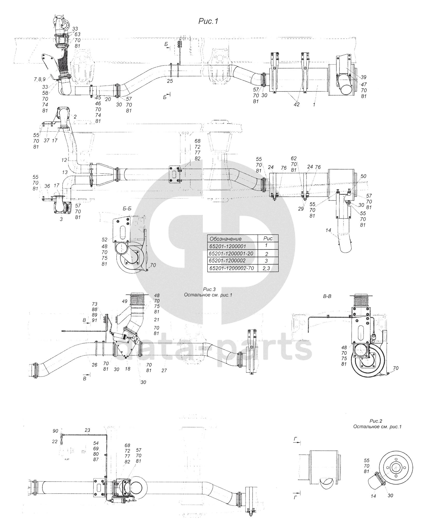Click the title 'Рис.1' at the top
208,21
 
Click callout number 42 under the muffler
297,104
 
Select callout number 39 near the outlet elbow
364,77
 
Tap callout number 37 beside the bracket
47,140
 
